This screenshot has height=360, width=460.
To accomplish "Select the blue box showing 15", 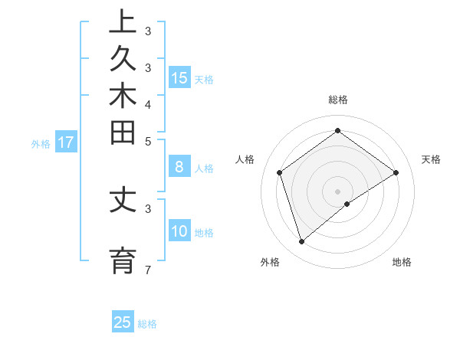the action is (x=179, y=77).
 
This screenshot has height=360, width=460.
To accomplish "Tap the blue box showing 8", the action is (x=179, y=166).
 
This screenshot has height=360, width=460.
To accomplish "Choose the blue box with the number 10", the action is (x=179, y=231).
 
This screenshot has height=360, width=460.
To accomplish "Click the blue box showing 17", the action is (x=66, y=142).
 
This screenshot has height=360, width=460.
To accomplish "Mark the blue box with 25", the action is (x=123, y=322).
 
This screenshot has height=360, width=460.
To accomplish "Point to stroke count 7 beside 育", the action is (x=147, y=270).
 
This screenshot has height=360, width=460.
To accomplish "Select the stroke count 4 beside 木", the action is (x=147, y=104).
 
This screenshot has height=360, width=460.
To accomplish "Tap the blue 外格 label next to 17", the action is (x=41, y=143).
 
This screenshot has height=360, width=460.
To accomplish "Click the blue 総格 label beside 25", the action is (x=147, y=324).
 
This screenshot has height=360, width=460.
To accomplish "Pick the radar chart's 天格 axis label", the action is (x=431, y=159).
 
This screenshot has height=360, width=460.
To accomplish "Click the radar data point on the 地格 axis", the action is (x=347, y=204).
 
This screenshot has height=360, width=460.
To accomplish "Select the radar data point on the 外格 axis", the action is (x=302, y=242).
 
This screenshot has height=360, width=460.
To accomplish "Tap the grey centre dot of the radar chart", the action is (x=337, y=191).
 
